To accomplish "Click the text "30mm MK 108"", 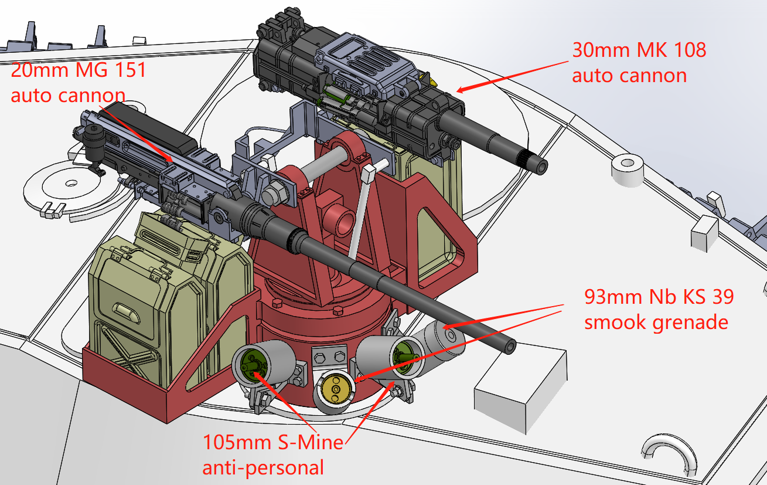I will click(639, 50).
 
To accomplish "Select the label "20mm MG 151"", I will click(78, 71).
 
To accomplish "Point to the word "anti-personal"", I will click(263, 467).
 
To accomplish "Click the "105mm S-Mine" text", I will click(272, 442).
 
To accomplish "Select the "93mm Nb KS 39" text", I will click(659, 297).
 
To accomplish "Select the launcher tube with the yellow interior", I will click(336, 389).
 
